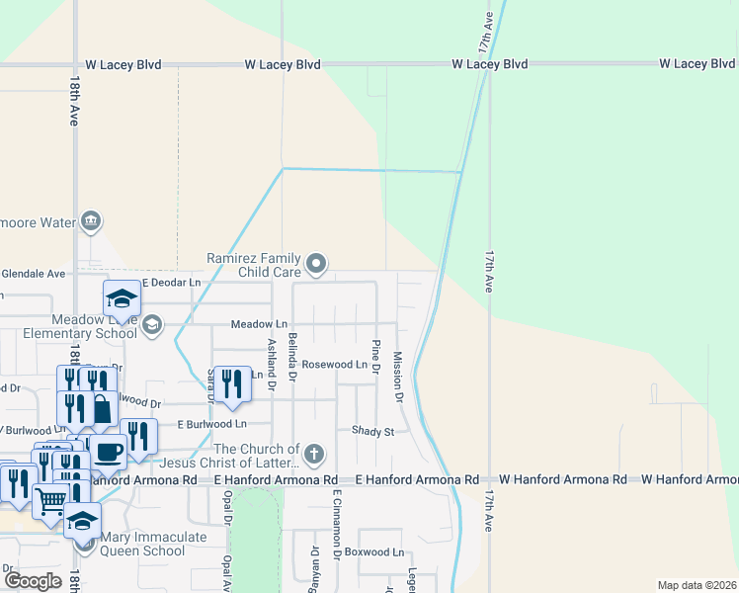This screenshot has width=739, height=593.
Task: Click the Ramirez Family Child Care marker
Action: click(x=316, y=263)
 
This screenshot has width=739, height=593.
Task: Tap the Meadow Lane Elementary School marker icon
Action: click(x=152, y=325)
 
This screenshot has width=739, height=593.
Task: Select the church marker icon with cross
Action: click(x=313, y=455)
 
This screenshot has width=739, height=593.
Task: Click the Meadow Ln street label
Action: click(x=259, y=324)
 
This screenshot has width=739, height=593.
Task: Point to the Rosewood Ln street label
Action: click(x=334, y=365)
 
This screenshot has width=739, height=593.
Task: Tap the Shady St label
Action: click(x=372, y=431)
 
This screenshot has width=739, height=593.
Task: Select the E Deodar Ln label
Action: click(x=171, y=283)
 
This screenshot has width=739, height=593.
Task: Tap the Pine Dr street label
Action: click(x=376, y=357)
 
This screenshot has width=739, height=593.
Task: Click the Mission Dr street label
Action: click(x=398, y=377)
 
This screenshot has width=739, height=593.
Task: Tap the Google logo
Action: click(x=34, y=580)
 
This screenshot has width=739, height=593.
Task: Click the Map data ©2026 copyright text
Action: click(x=697, y=585)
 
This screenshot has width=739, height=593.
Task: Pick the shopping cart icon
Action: click(x=50, y=500)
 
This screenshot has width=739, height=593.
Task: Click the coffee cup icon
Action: click(x=109, y=451)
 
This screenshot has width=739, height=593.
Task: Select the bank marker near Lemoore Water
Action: click(x=91, y=220)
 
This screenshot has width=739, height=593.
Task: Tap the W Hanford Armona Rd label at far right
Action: click(x=690, y=479)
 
